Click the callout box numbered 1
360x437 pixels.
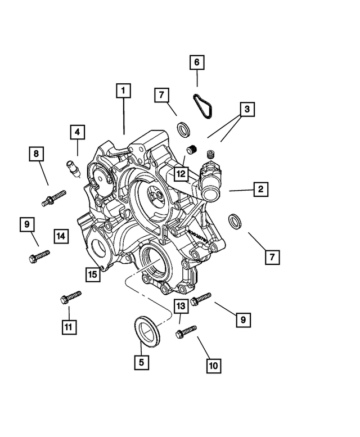click(124, 91)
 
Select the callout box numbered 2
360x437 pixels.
click(260, 190)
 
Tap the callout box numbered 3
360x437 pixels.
click(245, 108)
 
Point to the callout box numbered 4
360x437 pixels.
click(78, 133)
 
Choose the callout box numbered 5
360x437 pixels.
click(142, 362)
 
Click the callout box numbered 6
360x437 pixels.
click(197, 62)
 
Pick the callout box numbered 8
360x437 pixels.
click(36, 153)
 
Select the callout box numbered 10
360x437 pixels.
click(213, 365)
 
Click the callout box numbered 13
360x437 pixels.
click(180, 307)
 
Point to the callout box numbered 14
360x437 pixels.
click(61, 236)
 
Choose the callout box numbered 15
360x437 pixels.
click(93, 274)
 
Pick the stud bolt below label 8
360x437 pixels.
click(53, 197)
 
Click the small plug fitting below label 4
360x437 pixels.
click(72, 167)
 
